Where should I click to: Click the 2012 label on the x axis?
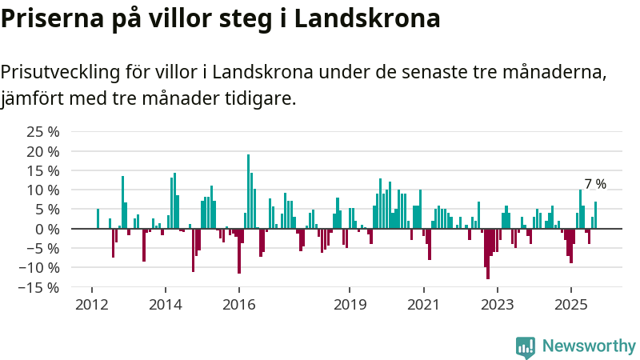(x=92, y=305)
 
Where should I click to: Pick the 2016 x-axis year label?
(x=239, y=305)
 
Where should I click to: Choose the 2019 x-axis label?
(x=350, y=305)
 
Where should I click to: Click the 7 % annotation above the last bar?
(x=595, y=184)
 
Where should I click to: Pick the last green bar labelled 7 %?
(x=595, y=215)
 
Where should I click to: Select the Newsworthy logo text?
(x=589, y=346)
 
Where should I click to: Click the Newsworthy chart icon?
(x=526, y=346)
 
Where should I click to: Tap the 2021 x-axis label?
(x=423, y=305)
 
